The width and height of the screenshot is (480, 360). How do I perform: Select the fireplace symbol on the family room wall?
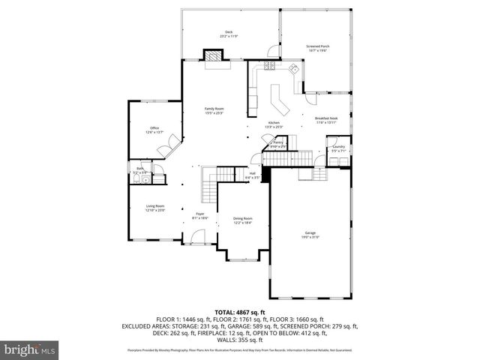(214, 56)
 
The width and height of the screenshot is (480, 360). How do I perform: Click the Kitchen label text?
(274, 124)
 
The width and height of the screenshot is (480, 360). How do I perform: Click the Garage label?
(310, 235)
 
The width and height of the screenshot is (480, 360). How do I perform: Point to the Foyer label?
(200, 215)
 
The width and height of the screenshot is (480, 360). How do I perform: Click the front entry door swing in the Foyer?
(197, 238)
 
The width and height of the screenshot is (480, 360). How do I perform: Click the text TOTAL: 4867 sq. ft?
(240, 311)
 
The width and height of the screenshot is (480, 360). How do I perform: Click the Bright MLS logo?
(30, 349)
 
